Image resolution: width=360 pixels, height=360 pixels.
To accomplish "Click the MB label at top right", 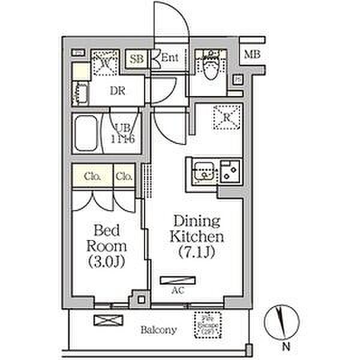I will click(x=252, y=55).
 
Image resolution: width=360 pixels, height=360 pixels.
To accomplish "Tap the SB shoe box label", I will click(x=137, y=59).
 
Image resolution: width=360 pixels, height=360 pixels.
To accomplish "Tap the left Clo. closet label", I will click(x=91, y=176).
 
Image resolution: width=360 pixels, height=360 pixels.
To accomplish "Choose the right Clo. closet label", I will click(x=124, y=176).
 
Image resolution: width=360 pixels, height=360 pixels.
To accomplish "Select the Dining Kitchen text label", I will click(x=197, y=236).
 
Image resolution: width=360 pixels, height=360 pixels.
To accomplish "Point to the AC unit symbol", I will click(x=177, y=280).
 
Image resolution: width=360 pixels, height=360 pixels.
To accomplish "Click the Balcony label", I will click(x=158, y=329).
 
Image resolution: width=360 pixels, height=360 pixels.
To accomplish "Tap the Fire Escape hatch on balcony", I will click(x=208, y=324).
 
